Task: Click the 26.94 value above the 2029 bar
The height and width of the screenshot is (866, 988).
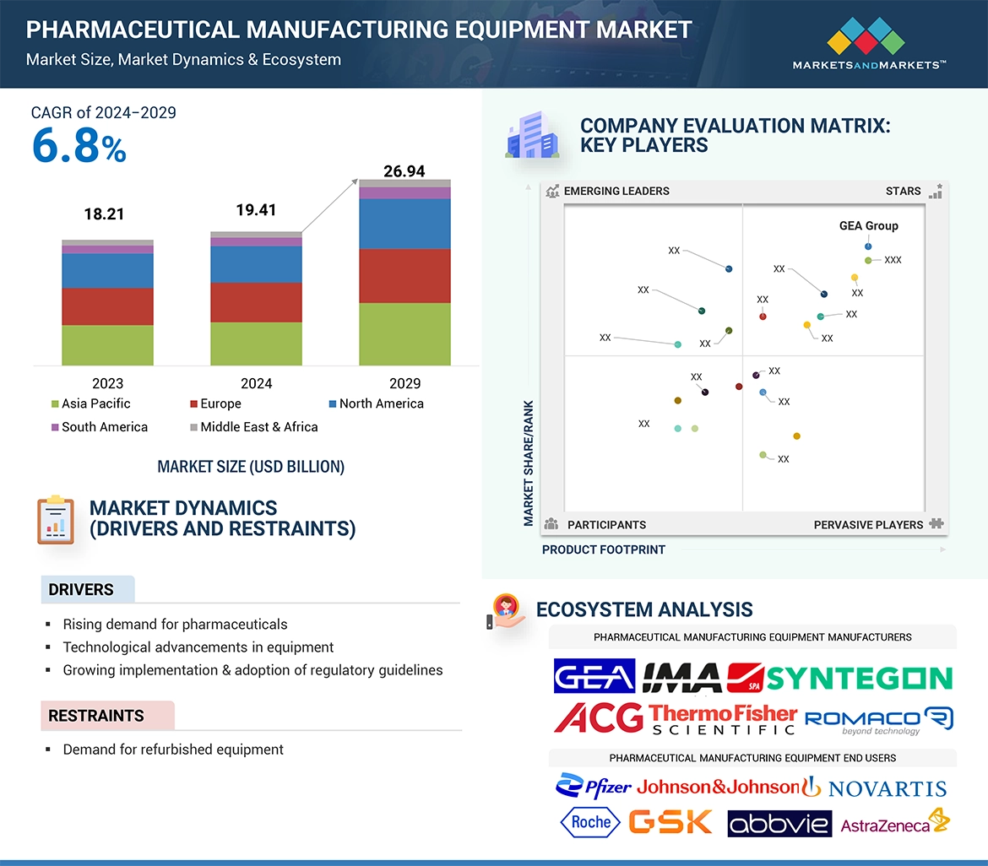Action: pyautogui.click(x=404, y=171)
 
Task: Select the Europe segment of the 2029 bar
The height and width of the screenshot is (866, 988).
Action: pyautogui.click(x=404, y=276)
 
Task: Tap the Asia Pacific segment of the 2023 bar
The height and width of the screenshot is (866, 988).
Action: pyautogui.click(x=107, y=345)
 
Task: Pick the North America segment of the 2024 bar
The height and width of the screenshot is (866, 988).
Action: pyautogui.click(x=256, y=264)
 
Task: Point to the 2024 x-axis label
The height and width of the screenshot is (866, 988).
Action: pyautogui.click(x=256, y=383)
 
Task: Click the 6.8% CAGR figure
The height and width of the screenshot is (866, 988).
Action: pyautogui.click(x=79, y=146)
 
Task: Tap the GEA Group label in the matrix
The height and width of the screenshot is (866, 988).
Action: pyautogui.click(x=868, y=226)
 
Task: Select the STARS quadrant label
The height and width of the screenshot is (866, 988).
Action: pyautogui.click(x=903, y=191)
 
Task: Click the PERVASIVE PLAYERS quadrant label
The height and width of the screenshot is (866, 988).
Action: pyautogui.click(x=868, y=525)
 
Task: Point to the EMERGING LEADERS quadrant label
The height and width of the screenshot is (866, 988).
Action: pyautogui.click(x=616, y=191)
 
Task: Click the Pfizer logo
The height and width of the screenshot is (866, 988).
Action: pyautogui.click(x=594, y=787)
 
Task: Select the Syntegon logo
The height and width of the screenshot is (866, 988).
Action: pyautogui.click(x=860, y=678)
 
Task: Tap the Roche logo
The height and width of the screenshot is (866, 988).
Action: pyautogui.click(x=590, y=822)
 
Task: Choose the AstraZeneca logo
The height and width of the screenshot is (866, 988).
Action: pyautogui.click(x=894, y=823)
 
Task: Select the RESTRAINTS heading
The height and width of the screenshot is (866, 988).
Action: pyautogui.click(x=96, y=716)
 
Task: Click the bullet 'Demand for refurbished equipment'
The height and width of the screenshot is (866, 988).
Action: pyautogui.click(x=173, y=750)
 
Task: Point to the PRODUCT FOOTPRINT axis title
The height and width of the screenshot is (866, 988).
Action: pyautogui.click(x=603, y=549)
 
